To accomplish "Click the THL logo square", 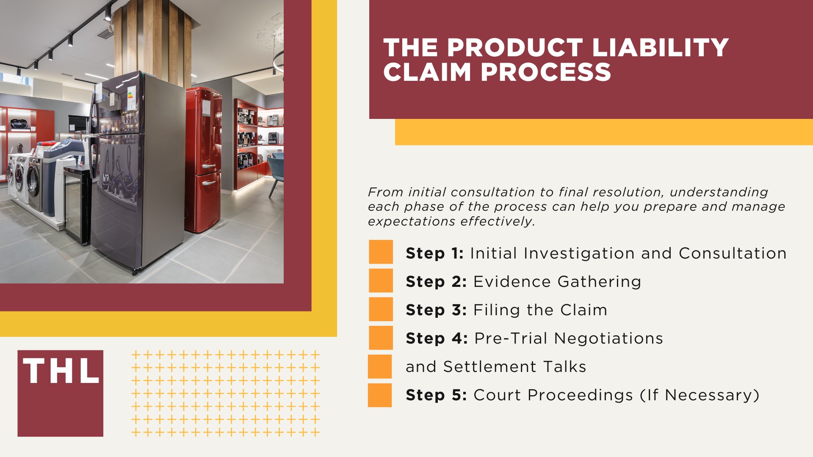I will click(x=60, y=393).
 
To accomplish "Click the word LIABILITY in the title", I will click(x=660, y=47).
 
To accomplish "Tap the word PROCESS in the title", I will click(x=546, y=72).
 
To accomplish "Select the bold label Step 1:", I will click(x=434, y=253).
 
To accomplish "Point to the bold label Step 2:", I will click(x=436, y=282).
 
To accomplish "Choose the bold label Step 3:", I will click(x=436, y=310).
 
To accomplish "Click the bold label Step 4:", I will click(x=437, y=339).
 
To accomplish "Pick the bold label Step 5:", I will click(x=436, y=395).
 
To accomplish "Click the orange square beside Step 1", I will click(x=381, y=252).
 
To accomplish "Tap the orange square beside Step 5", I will click(x=380, y=395).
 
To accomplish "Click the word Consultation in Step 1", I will click(x=733, y=253).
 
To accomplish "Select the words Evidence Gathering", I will click(x=557, y=282).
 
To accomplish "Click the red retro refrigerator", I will click(x=203, y=161).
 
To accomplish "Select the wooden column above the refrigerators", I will click(x=152, y=38).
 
